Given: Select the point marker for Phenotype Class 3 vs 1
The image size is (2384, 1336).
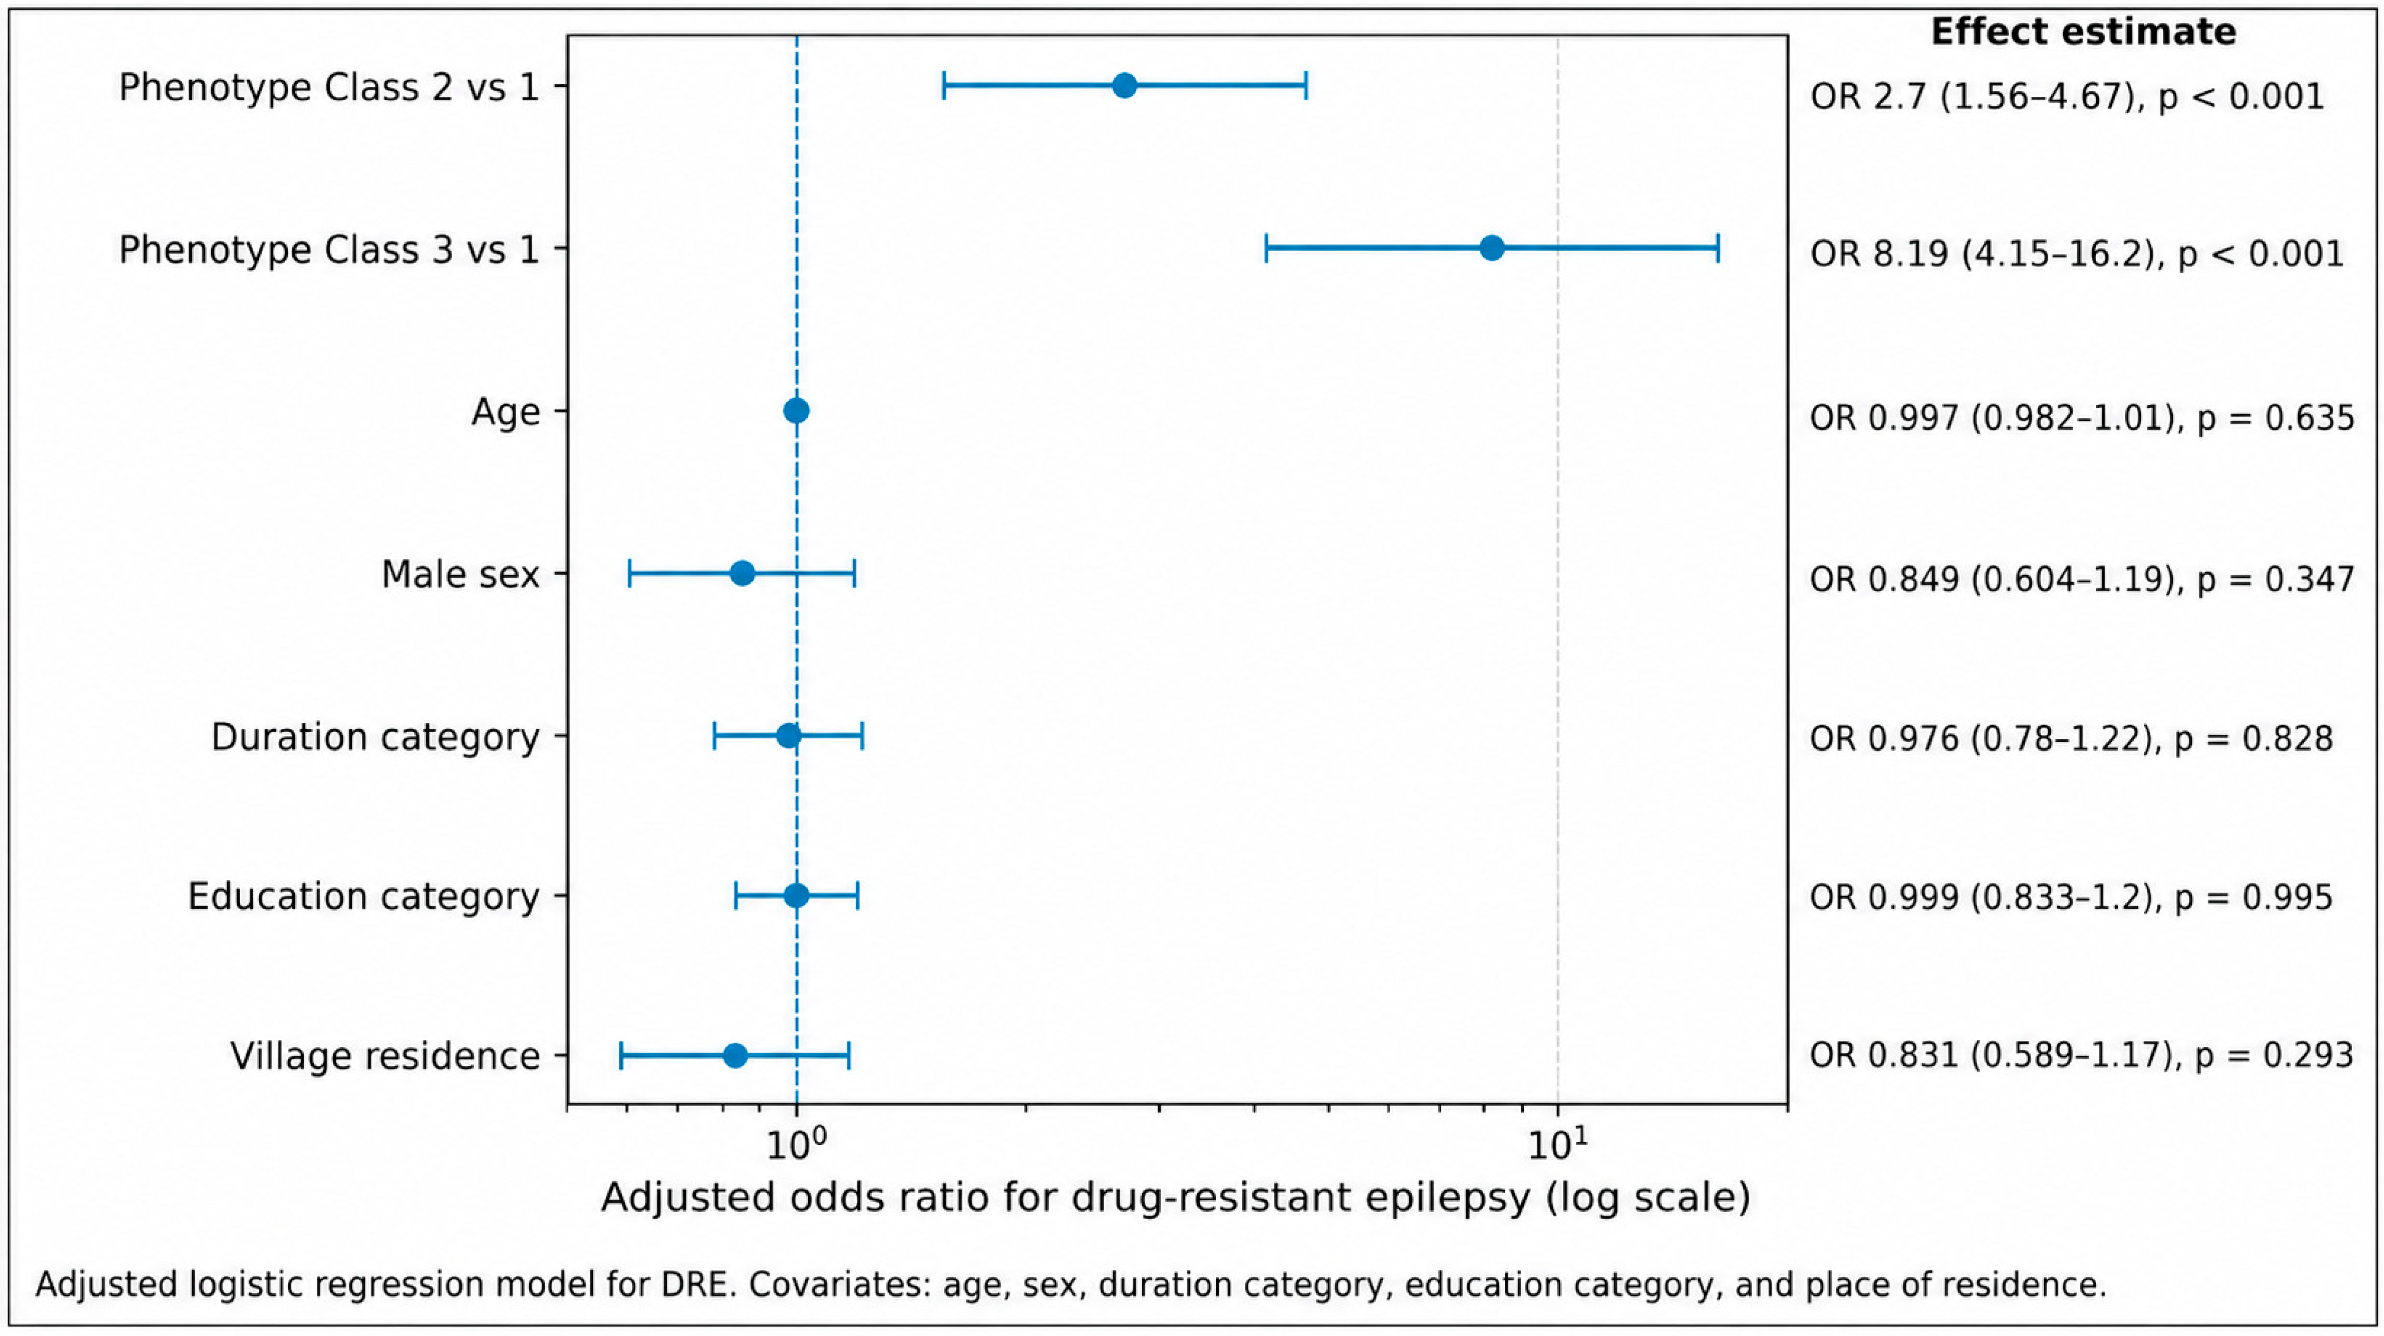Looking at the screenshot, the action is coord(1492,248).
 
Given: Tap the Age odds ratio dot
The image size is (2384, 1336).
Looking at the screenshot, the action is coord(796,411).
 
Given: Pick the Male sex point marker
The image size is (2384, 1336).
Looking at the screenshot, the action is coord(742,573).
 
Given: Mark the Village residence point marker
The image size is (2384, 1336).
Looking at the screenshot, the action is coord(735,1055).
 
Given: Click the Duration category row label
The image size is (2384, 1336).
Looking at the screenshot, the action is coord(375,738).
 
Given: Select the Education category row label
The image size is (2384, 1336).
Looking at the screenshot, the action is coord(364,897).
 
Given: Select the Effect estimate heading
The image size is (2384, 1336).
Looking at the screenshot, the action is coord(2083,32).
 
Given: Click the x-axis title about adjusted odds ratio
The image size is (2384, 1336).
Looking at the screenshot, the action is coord(1175,1197).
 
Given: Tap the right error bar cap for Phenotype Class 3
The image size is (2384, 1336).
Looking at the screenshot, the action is coord(1718,248).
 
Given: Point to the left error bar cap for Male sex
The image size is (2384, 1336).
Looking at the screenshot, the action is coord(629,573).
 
